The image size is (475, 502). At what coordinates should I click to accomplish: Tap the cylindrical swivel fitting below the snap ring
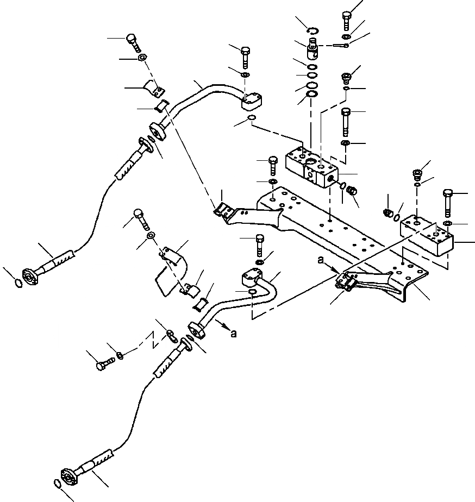click(314, 48)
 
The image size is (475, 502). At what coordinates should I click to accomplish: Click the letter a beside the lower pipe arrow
click(234, 334)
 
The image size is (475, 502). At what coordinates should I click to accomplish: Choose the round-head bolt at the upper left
click(133, 41)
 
